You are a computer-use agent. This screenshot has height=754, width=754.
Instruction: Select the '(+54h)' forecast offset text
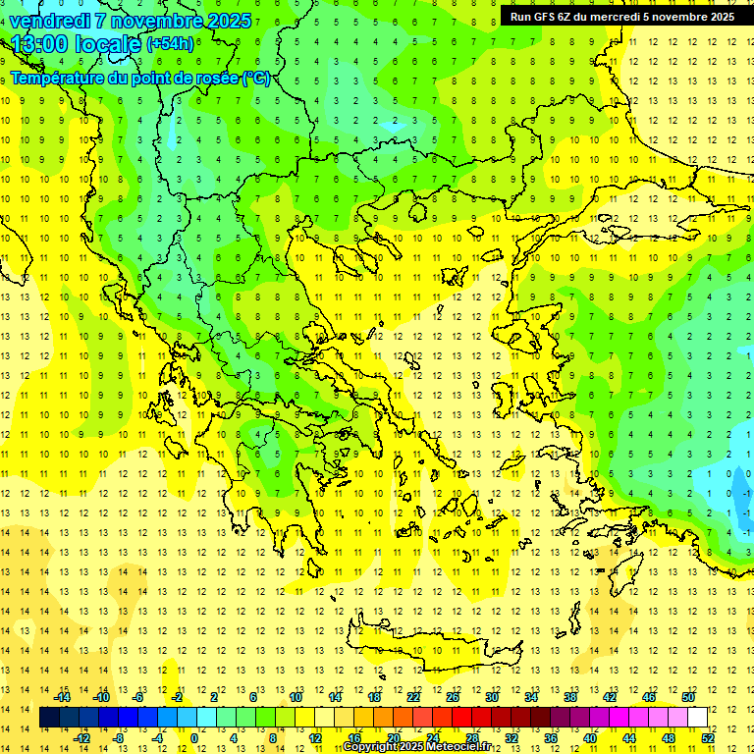169,44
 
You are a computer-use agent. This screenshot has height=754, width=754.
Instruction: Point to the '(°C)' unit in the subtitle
255,79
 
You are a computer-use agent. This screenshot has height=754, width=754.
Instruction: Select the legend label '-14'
62,697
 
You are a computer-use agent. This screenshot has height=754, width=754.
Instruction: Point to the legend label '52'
709,738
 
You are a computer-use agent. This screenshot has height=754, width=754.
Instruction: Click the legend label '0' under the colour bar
194,738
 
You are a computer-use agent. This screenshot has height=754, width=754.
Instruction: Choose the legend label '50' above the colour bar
688,697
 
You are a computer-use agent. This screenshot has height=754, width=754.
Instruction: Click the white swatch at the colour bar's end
698,718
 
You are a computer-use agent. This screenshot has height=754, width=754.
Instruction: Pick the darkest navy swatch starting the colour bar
50,718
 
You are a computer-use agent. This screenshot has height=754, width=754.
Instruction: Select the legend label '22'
413,697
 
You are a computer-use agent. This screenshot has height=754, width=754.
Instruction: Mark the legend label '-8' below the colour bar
119,738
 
